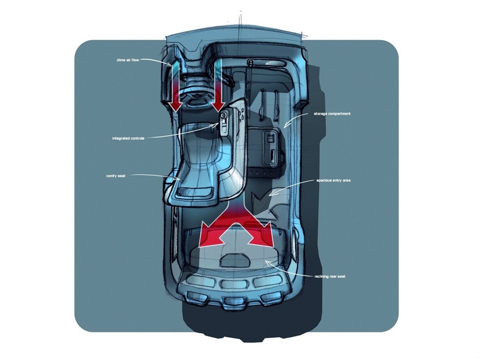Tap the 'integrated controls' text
(x=131, y=137)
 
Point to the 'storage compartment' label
(x=332, y=113)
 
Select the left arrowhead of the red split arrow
(x=207, y=237)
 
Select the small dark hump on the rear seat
(x=235, y=260)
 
